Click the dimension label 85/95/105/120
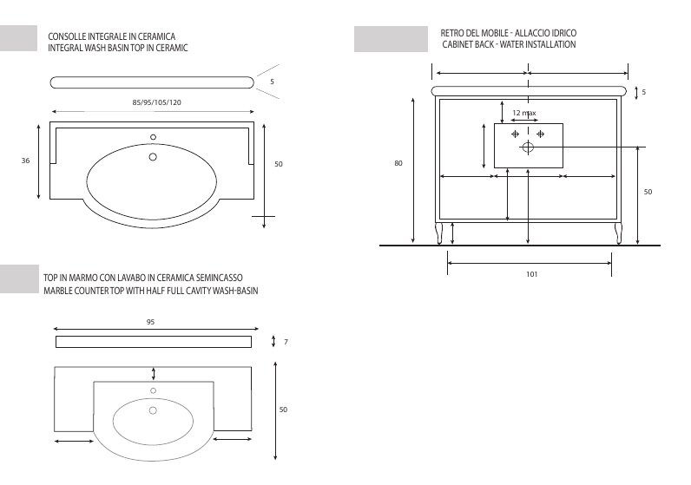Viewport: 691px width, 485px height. coord(157,102)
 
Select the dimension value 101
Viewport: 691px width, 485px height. coord(531,274)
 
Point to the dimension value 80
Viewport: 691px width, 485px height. coord(398,163)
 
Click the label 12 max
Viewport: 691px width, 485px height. coord(523,113)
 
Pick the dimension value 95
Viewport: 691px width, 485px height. coord(150,322)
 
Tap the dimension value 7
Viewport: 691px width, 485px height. coord(286,342)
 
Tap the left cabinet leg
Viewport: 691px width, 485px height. coord(439,233)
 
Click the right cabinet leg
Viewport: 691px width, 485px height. coord(618,233)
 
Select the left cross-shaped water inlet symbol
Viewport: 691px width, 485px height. coord(516,134)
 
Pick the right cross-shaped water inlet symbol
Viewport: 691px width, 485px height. coord(540,134)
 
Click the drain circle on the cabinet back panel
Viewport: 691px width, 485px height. coord(527,147)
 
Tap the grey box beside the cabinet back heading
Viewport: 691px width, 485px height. coord(391,39)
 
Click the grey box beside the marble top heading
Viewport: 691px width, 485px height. coord(19,279)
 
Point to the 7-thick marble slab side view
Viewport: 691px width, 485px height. coord(154,342)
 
